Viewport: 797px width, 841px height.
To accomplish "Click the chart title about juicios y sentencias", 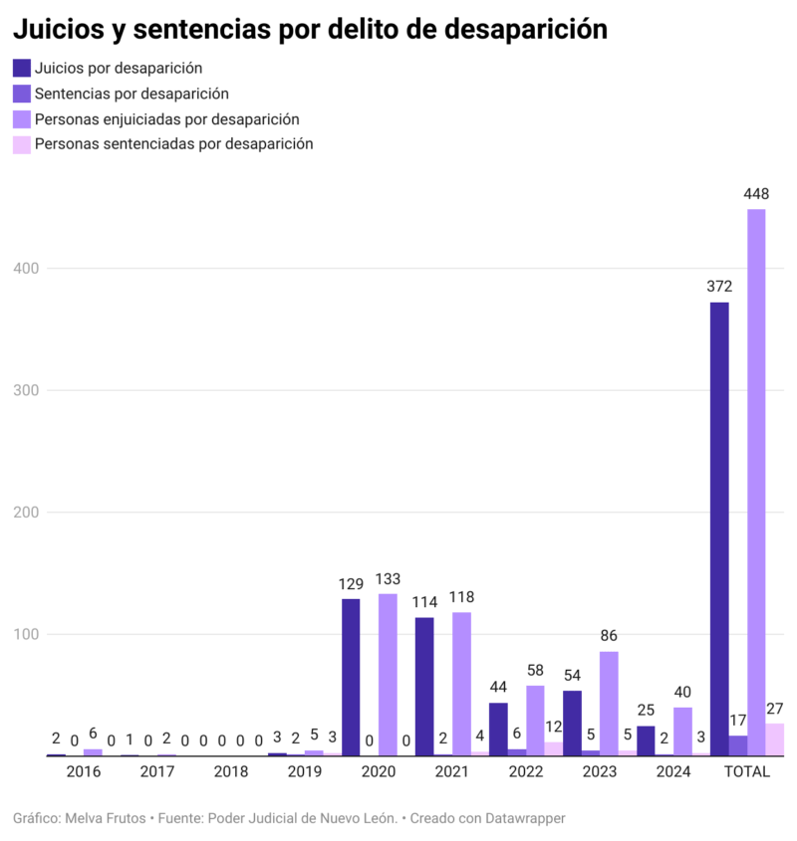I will (x=310, y=29).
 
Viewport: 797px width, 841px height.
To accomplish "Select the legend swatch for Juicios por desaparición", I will (x=22, y=69).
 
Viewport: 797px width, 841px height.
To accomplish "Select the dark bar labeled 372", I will (x=719, y=528).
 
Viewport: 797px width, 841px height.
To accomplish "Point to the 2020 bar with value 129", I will (x=351, y=677).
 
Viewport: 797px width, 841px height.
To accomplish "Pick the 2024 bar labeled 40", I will (x=682, y=732).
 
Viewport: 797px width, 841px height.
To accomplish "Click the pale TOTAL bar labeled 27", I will (x=774, y=739).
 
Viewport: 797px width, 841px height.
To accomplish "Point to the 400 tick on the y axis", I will (x=27, y=269).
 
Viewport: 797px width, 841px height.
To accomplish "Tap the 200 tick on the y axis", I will (x=27, y=513).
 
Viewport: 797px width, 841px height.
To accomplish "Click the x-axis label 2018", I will (x=231, y=771).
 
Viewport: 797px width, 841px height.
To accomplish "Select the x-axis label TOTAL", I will (x=746, y=771).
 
